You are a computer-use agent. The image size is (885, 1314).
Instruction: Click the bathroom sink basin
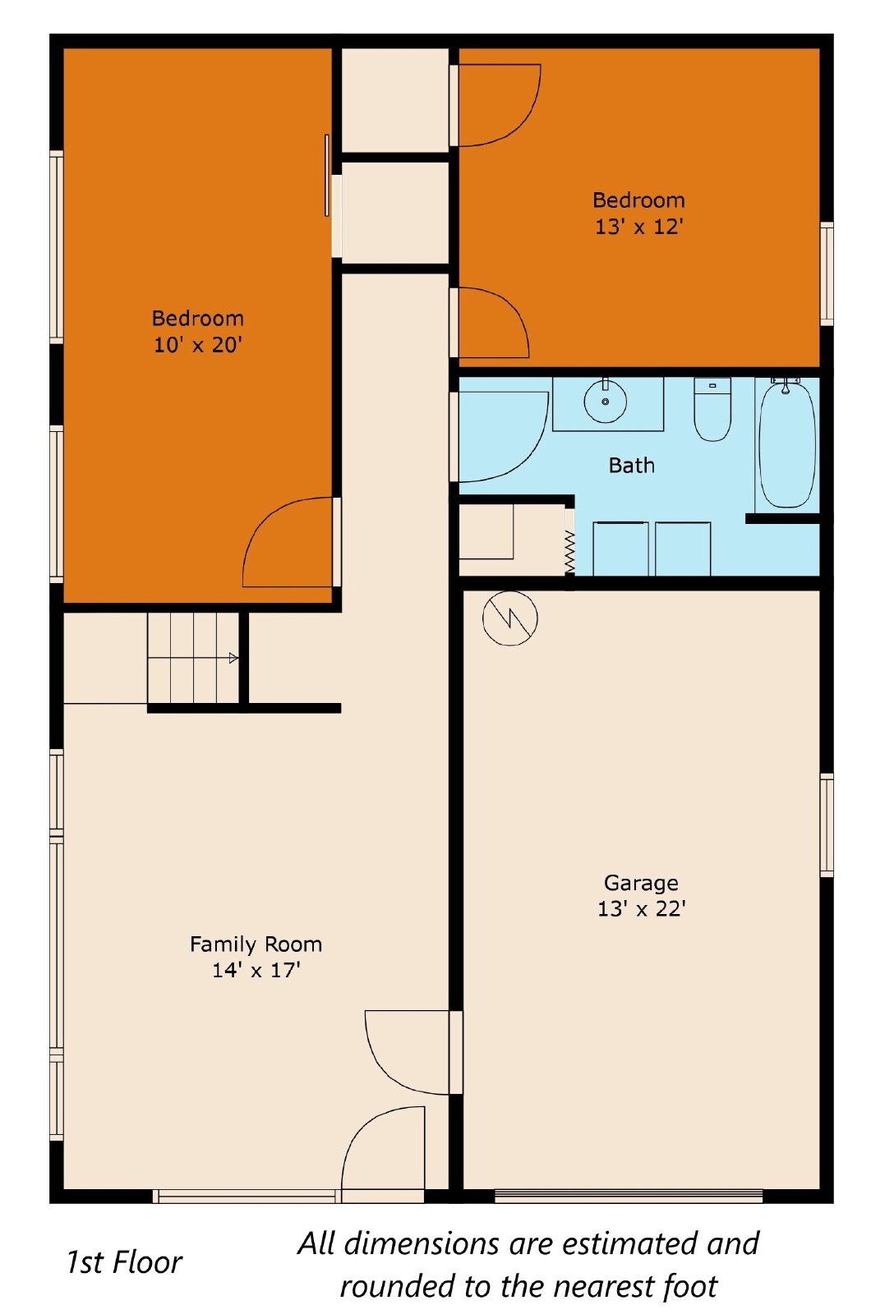pos(605,402)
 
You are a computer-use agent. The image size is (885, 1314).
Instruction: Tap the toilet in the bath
pos(712,410)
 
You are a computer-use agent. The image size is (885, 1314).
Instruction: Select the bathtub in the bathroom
pos(787,443)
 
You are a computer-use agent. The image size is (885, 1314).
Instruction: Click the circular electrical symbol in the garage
pos(510,618)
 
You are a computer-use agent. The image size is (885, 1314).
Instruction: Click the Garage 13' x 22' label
pos(642,896)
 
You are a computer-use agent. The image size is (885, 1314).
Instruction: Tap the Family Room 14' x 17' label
pos(256,957)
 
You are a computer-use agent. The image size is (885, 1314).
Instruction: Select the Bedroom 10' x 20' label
pos(198,332)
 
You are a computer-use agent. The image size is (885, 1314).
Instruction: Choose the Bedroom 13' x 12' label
pos(639,214)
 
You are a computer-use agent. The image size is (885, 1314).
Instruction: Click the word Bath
pos(631,465)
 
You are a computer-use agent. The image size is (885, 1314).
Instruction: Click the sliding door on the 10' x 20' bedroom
pos(327,176)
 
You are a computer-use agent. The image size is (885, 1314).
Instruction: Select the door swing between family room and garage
pos(408,1052)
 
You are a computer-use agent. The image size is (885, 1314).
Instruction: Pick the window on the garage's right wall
pos(827,825)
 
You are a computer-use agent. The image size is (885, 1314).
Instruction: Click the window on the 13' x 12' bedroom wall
pos(827,274)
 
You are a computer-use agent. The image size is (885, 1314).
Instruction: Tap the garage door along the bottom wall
pos(629,1196)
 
